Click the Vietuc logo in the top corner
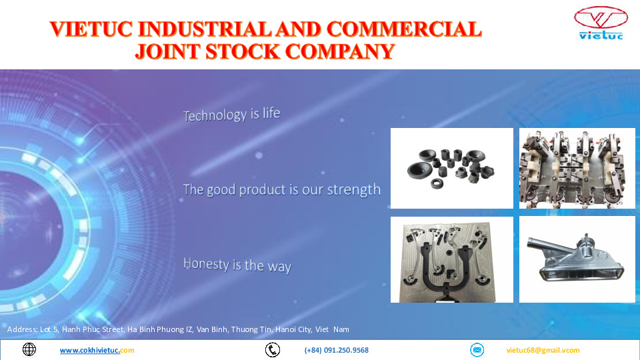click(601, 23)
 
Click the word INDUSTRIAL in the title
click(204, 29)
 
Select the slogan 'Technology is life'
click(232, 114)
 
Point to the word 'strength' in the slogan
click(354, 190)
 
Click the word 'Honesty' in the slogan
click(206, 264)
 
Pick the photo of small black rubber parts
click(451, 168)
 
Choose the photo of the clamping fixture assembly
click(577, 168)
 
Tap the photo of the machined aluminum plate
click(451, 259)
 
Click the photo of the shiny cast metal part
click(577, 259)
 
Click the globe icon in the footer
click(29, 349)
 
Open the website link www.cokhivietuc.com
click(97, 350)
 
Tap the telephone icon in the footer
click(272, 350)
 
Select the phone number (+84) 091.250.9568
click(336, 350)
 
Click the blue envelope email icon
click(477, 350)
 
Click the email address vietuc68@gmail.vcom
click(543, 350)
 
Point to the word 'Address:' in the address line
click(23, 329)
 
